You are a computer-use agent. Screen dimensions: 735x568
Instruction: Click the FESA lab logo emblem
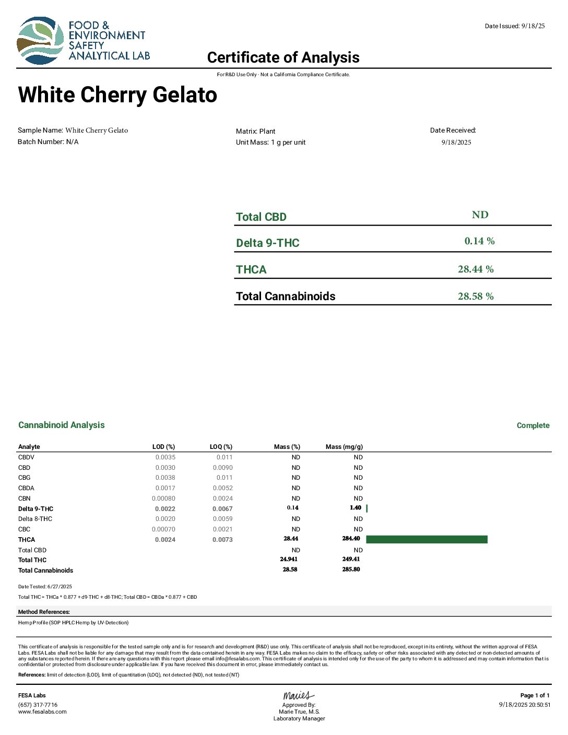click(40, 41)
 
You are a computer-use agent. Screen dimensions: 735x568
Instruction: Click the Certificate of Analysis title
click(283, 57)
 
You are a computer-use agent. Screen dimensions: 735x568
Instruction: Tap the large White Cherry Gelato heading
click(117, 95)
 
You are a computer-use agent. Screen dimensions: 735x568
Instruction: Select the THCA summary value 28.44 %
click(476, 269)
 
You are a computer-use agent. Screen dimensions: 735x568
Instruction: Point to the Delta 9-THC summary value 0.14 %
click(479, 241)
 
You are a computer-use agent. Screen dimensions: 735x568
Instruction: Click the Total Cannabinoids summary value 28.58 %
click(476, 297)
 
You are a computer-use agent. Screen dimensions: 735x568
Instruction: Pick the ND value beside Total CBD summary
click(480, 215)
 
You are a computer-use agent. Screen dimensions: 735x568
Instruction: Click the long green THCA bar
click(427, 539)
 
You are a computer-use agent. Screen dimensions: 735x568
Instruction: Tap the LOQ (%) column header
click(221, 447)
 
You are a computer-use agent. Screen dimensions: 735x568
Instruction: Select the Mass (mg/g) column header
click(344, 447)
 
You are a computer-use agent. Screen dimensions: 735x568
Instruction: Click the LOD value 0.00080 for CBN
click(163, 499)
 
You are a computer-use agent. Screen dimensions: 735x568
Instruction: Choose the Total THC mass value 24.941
click(289, 559)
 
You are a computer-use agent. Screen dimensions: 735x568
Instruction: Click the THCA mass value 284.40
click(351, 539)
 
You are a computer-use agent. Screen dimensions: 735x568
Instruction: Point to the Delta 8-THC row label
click(35, 519)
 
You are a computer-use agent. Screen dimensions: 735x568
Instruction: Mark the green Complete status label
click(533, 425)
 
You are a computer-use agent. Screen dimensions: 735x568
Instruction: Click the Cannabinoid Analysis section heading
click(62, 425)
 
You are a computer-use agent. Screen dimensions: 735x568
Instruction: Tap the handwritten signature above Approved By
click(299, 695)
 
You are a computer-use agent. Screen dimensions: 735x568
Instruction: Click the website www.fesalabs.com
click(42, 712)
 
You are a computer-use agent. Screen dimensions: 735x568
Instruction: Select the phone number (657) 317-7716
click(38, 705)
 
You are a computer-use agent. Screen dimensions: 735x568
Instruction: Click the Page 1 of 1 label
click(535, 695)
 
